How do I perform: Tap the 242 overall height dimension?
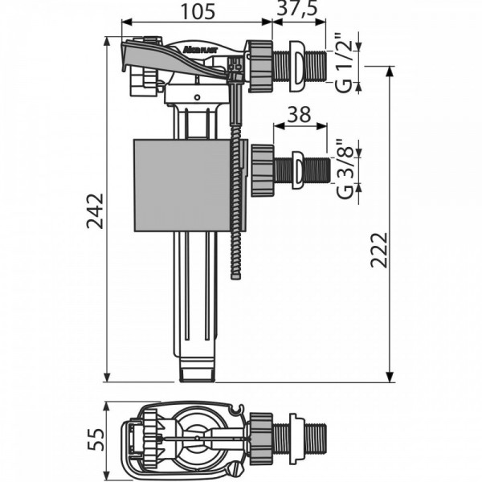click(95, 210)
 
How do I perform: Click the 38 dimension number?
click(299, 115)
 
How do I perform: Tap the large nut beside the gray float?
click(261, 169)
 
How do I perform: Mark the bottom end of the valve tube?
click(197, 372)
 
